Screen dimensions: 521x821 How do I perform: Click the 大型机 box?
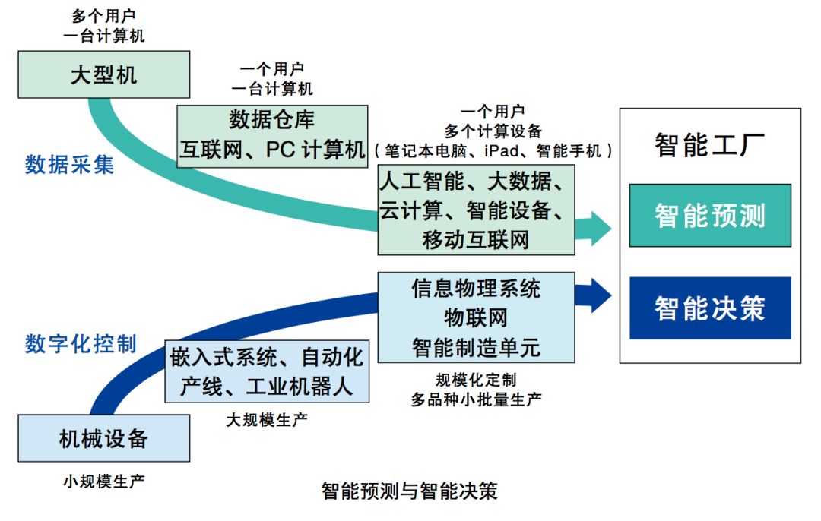tap(103, 74)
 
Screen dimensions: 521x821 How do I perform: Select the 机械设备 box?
tap(103, 438)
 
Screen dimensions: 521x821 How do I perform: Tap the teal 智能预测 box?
tap(710, 216)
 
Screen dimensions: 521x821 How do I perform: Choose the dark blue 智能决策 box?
tap(710, 308)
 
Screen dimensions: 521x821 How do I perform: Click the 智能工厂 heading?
tap(709, 144)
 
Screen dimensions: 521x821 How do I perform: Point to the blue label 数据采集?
tap(69, 164)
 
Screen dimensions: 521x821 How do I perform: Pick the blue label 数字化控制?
tap(81, 343)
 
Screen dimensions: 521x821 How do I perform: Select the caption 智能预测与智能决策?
tap(409, 491)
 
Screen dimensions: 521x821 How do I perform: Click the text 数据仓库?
tap(272, 120)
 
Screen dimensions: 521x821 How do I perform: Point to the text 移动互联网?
tap(476, 240)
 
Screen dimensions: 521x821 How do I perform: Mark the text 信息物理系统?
tap(476, 289)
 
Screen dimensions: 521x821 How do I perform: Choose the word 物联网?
tap(476, 317)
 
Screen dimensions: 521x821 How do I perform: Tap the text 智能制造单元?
tap(476, 347)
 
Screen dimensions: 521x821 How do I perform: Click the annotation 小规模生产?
tap(103, 481)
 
